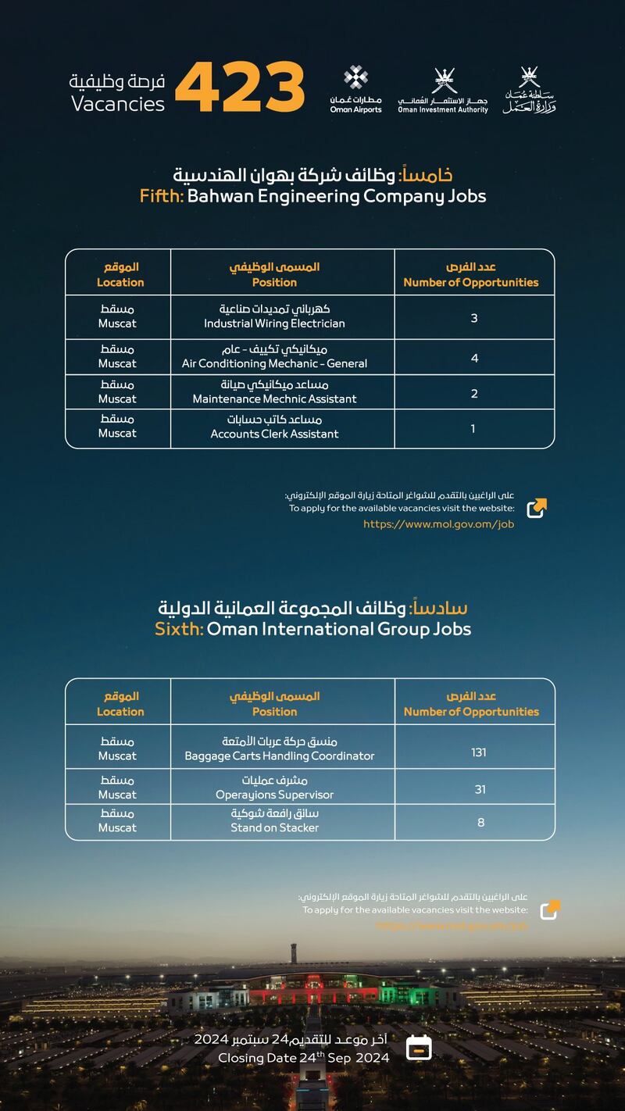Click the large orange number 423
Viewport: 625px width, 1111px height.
pos(240,86)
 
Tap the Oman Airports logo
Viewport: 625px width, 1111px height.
pos(356,90)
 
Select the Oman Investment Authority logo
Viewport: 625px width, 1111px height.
pos(443,91)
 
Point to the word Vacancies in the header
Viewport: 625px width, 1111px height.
pos(118,104)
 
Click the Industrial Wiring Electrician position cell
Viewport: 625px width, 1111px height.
pos(274,316)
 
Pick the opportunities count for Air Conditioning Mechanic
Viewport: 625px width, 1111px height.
pos(474,359)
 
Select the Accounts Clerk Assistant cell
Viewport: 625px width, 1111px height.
pos(274,427)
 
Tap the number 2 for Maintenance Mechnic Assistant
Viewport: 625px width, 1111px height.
pos(474,394)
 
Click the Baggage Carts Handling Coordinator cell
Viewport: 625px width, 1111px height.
pos(279,748)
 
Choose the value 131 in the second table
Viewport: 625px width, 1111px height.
pos(478,752)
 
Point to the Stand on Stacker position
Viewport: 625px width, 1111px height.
pos(274,821)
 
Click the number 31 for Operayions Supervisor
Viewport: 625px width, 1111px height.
pos(480,790)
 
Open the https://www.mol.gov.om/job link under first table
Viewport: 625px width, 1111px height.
pos(438,524)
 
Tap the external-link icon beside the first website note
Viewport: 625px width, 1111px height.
pos(537,508)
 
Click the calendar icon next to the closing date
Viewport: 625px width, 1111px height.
pos(420,1047)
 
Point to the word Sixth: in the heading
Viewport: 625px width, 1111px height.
pos(179,629)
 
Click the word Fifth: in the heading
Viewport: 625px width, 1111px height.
pos(162,196)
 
